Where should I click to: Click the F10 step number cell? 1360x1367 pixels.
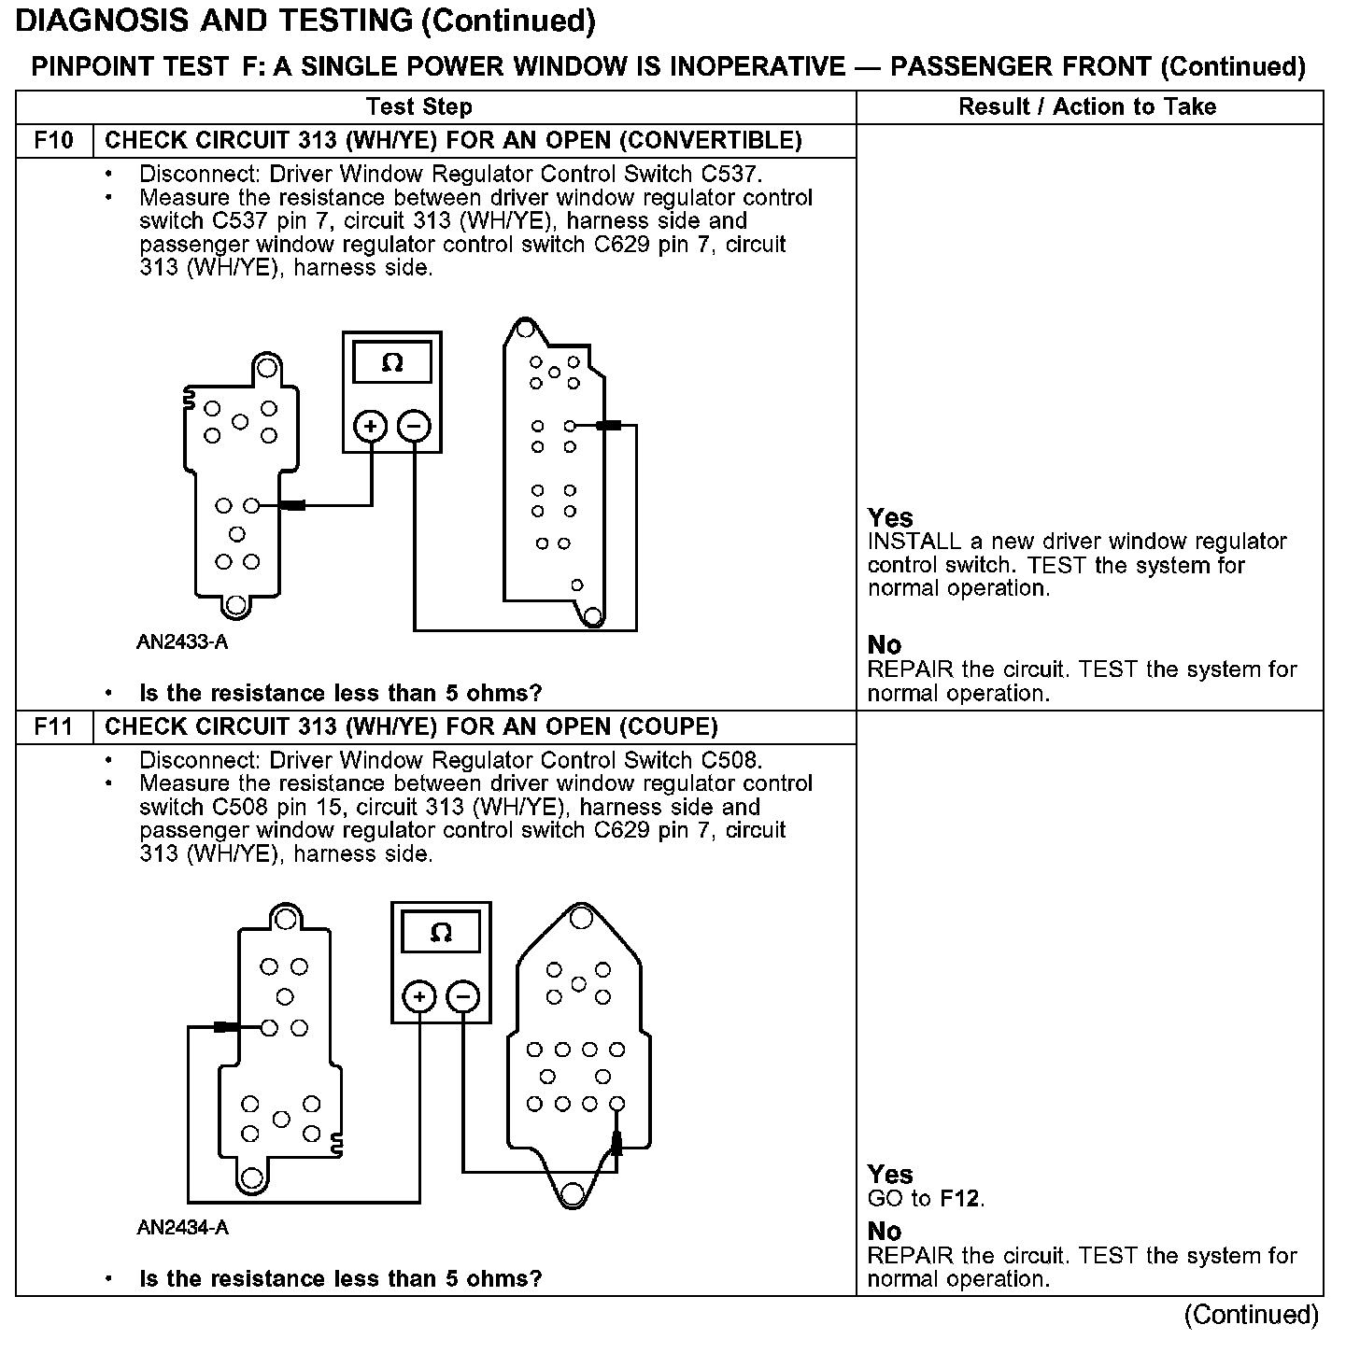click(x=53, y=141)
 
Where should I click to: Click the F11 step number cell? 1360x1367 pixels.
click(x=53, y=726)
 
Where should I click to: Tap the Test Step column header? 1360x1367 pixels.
click(x=418, y=106)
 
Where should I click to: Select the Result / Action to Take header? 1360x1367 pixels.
click(x=1087, y=106)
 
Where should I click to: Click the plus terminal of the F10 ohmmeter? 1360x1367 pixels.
click(x=371, y=427)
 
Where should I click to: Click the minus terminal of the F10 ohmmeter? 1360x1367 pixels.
click(x=414, y=427)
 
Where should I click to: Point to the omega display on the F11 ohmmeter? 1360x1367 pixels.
click(x=441, y=933)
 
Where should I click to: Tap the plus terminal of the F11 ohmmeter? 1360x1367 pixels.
click(x=419, y=997)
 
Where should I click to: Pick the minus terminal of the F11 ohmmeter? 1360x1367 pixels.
click(x=463, y=997)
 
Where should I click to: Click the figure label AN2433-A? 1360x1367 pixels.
click(x=182, y=642)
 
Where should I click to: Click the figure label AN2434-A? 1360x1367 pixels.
click(x=182, y=1228)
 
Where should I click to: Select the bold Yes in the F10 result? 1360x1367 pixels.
click(x=890, y=518)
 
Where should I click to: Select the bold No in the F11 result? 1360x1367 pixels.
click(x=885, y=1231)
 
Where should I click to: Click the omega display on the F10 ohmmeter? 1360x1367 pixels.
click(x=392, y=363)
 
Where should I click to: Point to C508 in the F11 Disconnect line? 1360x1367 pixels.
click(x=731, y=760)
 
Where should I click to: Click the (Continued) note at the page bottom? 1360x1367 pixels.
click(x=1251, y=1315)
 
